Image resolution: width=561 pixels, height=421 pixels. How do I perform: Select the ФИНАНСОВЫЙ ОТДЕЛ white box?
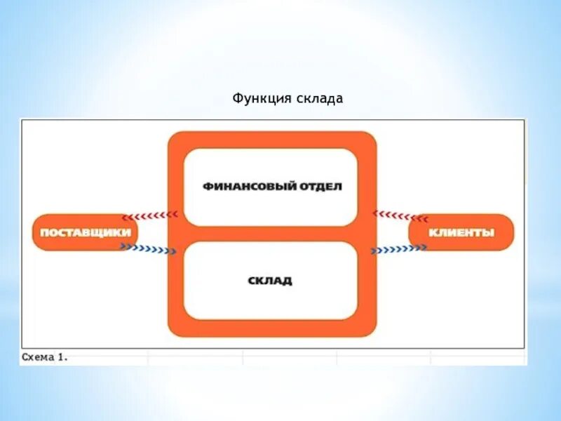pyautogui.click(x=271, y=187)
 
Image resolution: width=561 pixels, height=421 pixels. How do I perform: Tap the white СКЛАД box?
pyautogui.click(x=271, y=281)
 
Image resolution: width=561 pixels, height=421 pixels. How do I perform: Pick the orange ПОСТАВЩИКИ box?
pyautogui.click(x=85, y=232)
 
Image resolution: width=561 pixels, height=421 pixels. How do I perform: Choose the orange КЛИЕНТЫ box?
pyautogui.click(x=461, y=232)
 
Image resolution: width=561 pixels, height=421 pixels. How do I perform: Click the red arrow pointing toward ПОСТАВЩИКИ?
pyautogui.click(x=149, y=215)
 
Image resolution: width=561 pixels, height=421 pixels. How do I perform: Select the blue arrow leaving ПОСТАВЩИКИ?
pyautogui.click(x=148, y=248)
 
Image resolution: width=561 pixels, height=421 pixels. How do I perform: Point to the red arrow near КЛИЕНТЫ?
pyautogui.click(x=400, y=215)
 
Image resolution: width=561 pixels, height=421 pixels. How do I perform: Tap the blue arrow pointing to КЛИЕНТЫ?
pyautogui.click(x=398, y=248)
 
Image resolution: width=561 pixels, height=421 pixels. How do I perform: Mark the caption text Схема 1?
pyautogui.click(x=44, y=357)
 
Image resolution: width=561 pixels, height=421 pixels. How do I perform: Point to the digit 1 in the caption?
pyautogui.click(x=62, y=357)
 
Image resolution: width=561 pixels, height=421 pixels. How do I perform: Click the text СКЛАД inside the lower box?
pyautogui.click(x=270, y=281)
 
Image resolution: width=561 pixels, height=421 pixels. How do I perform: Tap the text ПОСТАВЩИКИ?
pyautogui.click(x=85, y=232)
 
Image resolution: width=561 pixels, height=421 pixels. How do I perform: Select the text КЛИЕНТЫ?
pyautogui.click(x=461, y=232)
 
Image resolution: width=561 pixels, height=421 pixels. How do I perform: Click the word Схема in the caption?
pyautogui.click(x=38, y=357)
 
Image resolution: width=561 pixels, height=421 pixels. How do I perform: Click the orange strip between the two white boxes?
pyautogui.click(x=271, y=234)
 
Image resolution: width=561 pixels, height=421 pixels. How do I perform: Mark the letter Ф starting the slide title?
pyautogui.click(x=237, y=100)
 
